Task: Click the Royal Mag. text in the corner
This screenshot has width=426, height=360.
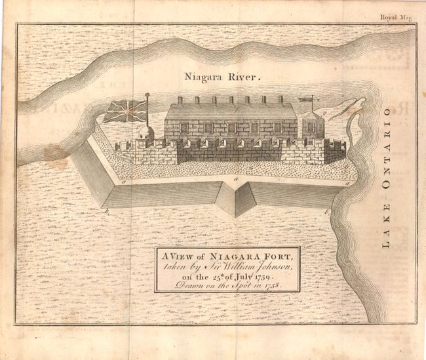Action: (x=396, y=19)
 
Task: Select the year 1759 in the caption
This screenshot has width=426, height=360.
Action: (x=261, y=277)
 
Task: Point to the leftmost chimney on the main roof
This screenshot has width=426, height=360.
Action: (x=180, y=100)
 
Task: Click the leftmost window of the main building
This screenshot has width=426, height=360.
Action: (x=184, y=127)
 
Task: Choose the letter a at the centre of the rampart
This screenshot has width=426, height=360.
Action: (x=234, y=177)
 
